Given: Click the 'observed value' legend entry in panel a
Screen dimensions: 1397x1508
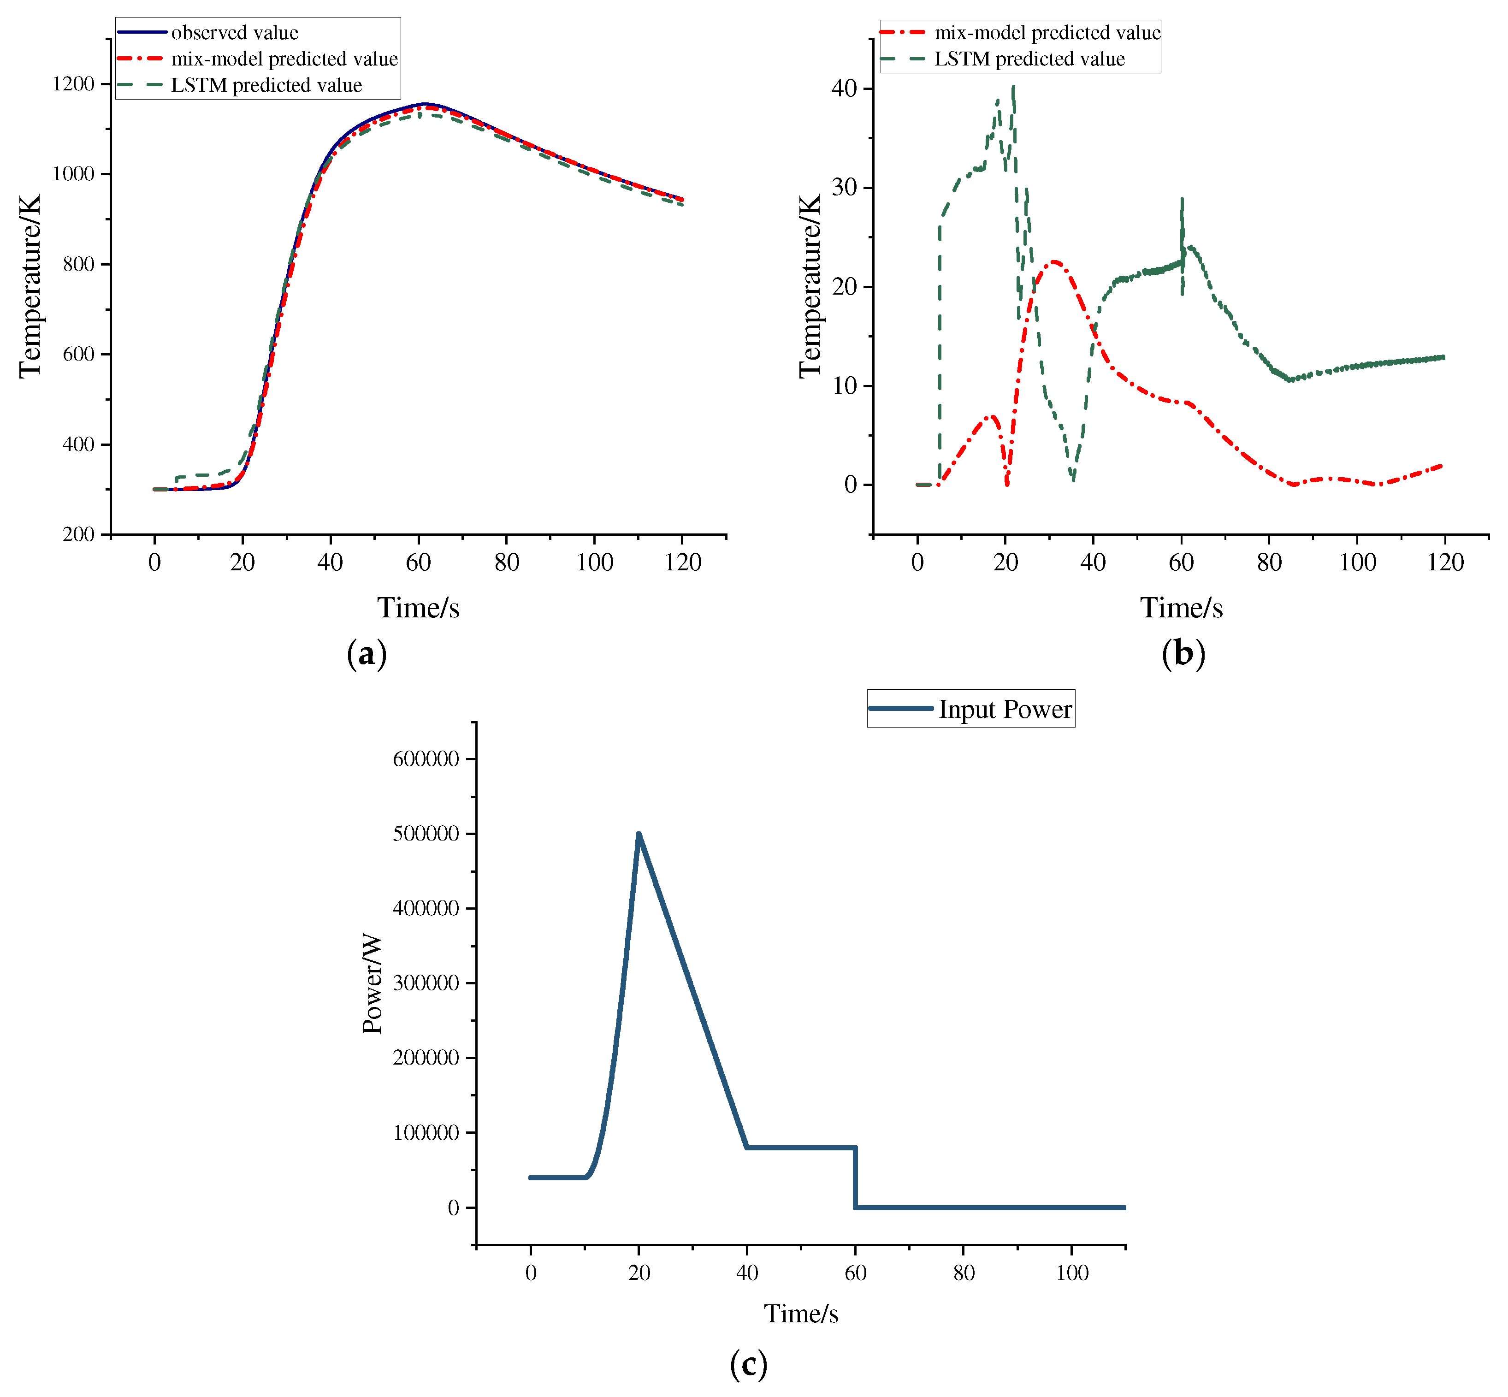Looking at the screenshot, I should click(234, 33).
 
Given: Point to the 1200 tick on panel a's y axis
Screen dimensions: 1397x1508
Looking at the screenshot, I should click(73, 84).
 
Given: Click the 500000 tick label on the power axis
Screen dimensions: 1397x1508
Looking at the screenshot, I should click(426, 834).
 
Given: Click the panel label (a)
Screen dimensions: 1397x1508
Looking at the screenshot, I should click(367, 653).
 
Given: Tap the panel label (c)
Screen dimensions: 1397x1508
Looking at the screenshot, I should click(748, 1364).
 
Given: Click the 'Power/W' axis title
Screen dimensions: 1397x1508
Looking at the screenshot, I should click(372, 984).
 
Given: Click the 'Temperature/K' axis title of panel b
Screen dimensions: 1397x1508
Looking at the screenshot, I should click(810, 286).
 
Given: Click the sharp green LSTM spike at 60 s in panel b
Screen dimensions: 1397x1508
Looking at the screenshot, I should click(1182, 200).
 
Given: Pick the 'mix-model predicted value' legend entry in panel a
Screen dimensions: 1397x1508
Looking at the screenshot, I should click(284, 59).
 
